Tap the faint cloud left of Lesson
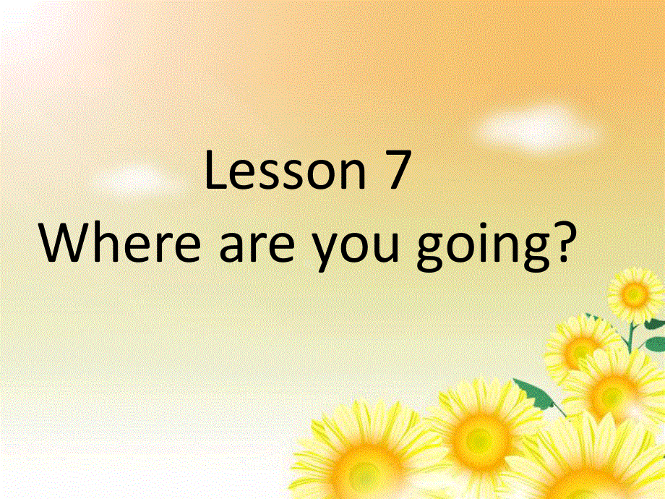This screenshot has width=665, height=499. [134, 178]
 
